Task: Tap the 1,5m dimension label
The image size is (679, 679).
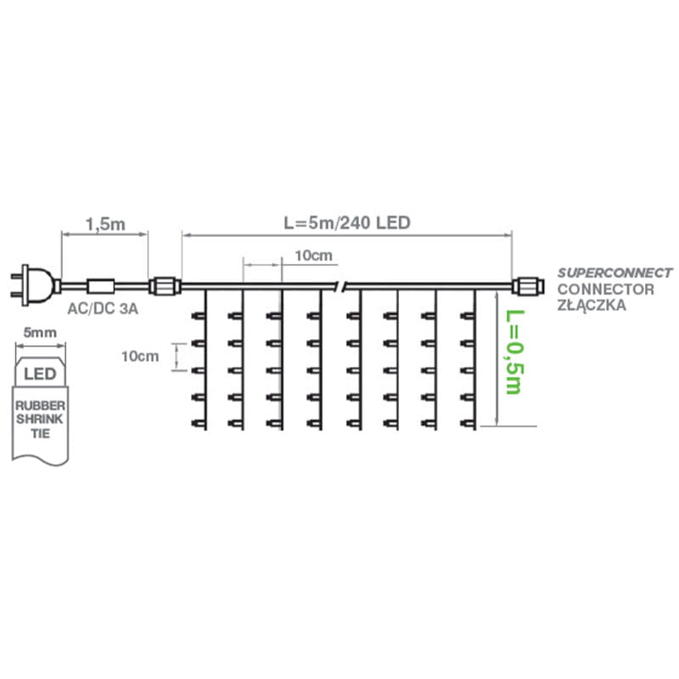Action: point(104,225)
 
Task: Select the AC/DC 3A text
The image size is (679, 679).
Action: point(101,311)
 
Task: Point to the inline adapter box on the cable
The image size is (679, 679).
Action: point(103,285)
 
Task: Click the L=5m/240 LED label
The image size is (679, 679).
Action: point(346,224)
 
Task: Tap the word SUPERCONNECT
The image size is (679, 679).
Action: point(614,273)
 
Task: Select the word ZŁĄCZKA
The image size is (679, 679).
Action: point(592,305)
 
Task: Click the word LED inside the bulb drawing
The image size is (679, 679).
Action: point(41,373)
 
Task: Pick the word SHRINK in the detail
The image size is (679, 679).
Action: point(41,420)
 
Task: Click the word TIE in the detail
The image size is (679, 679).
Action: point(41,434)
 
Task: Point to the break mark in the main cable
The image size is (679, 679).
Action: point(342,285)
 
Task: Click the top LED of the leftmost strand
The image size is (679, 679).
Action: point(200,316)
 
